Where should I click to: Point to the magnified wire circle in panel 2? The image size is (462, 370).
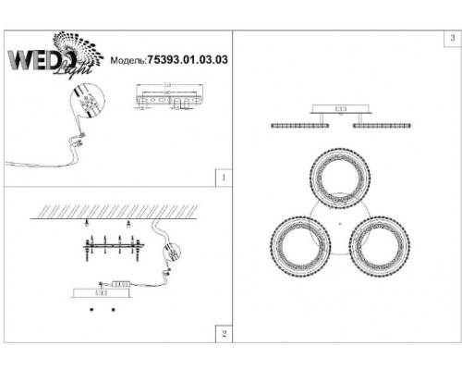pos(174,252)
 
